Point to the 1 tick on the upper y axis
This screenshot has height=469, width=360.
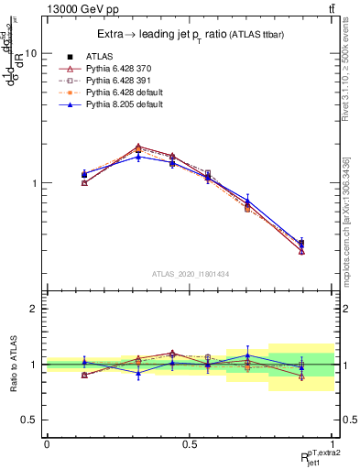(x=34, y=183)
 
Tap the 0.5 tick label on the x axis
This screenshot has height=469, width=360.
(x=190, y=444)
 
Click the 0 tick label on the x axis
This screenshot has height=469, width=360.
(x=47, y=444)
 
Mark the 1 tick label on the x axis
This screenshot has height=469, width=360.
(x=333, y=444)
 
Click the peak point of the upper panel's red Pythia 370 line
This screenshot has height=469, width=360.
(x=138, y=147)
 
